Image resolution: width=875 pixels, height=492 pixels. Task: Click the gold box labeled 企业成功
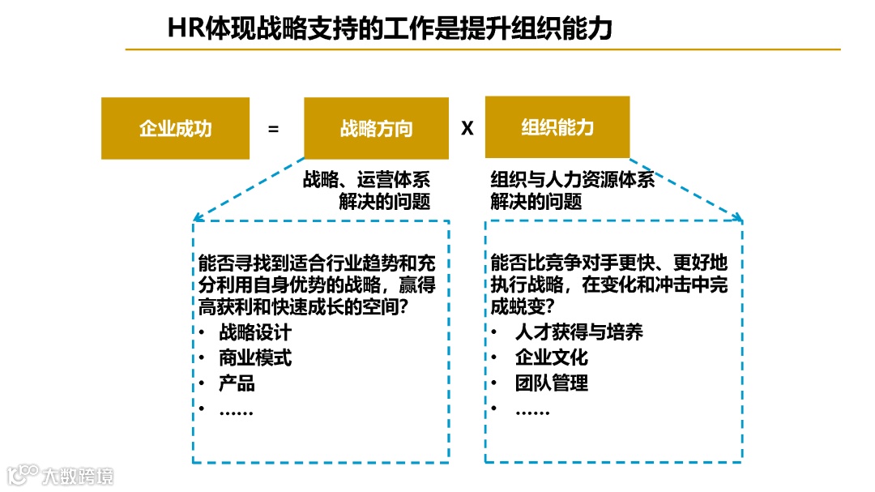point(175,128)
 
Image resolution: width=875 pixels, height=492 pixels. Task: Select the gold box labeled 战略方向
point(376,128)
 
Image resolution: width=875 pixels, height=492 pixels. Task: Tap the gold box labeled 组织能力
point(557,127)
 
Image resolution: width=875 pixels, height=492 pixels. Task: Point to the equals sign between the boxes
point(273,128)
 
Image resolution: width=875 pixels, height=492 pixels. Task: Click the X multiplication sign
point(467,128)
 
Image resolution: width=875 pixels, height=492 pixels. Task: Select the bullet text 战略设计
point(255,332)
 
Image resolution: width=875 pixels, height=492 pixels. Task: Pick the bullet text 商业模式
point(255,357)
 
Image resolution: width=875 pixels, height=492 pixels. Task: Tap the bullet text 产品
point(237,383)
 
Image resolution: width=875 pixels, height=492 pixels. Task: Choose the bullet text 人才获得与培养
point(579,332)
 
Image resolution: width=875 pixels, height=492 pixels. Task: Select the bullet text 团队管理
point(552,383)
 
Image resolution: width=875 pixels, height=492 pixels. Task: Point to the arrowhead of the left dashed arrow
point(196,217)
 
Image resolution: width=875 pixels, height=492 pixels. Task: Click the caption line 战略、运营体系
point(366,179)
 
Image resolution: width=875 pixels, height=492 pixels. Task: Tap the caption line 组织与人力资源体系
point(572,179)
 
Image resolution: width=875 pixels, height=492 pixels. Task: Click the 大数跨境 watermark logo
point(61,474)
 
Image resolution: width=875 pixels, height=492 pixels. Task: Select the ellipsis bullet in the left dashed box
point(237,411)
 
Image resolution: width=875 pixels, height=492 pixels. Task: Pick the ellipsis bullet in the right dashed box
point(533,411)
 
